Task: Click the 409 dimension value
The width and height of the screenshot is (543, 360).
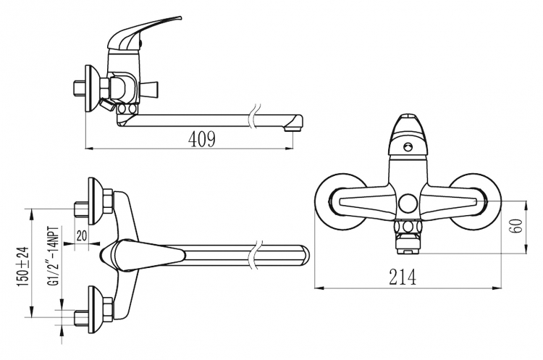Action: [x=202, y=139]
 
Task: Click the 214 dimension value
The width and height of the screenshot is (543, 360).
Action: [x=403, y=277]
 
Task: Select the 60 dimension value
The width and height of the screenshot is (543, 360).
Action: [x=518, y=226]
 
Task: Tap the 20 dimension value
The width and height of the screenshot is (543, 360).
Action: [x=81, y=235]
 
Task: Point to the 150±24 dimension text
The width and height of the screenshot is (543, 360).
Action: [x=23, y=266]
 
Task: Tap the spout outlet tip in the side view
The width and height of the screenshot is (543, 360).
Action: [x=293, y=129]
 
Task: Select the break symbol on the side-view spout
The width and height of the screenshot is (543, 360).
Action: [x=255, y=116]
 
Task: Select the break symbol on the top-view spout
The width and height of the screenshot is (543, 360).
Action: [x=255, y=255]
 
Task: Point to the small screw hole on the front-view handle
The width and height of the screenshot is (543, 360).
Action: [x=408, y=147]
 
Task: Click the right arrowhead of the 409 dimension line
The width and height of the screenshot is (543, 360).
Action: [x=289, y=149]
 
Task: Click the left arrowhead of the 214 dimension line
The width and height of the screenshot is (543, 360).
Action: [x=319, y=288]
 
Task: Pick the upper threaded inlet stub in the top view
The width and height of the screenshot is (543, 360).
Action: [x=81, y=209]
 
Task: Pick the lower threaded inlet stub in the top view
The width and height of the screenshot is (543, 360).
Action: [x=81, y=317]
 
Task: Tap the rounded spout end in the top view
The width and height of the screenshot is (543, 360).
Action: [x=304, y=255]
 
